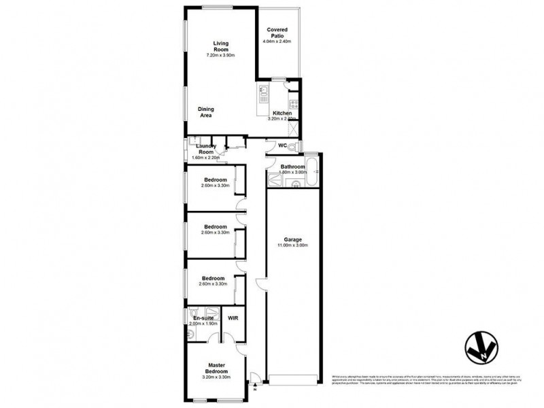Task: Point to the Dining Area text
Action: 205,112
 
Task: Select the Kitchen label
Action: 282,113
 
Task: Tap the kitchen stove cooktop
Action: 293,105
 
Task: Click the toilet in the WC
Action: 292,146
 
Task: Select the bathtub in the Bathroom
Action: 312,169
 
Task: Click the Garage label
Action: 293,239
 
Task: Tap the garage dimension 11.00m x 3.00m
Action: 293,245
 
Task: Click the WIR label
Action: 233,318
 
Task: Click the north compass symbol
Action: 481,347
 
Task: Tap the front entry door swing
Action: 254,377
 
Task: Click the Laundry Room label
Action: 205,148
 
